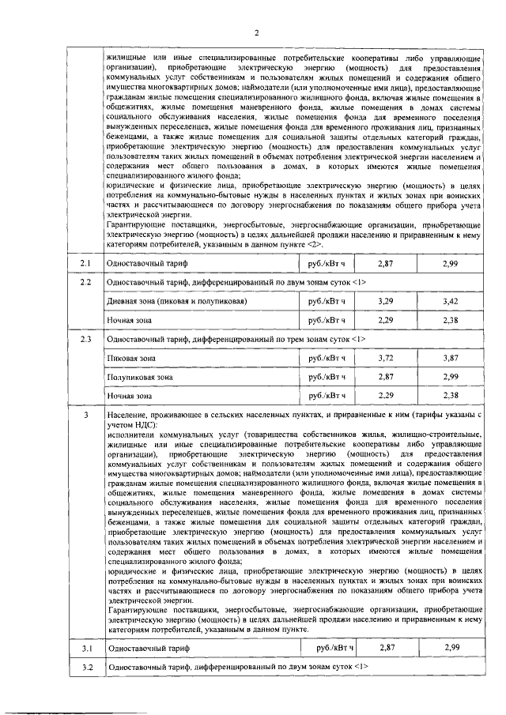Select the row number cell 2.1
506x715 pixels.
(85, 262)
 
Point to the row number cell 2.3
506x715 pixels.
(85, 340)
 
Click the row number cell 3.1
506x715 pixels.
(85, 648)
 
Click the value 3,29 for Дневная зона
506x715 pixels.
(385, 302)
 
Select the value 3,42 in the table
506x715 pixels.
(451, 302)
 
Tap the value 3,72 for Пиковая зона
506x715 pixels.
(385, 359)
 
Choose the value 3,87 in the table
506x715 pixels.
(451, 359)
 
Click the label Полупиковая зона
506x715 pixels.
(140, 378)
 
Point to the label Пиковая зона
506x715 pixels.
(131, 359)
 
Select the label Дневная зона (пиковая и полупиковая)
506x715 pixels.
(178, 302)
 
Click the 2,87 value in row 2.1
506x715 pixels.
(385, 262)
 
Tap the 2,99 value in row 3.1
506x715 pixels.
(451, 648)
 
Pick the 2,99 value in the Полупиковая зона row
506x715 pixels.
(451, 378)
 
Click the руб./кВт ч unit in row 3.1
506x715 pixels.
(331, 648)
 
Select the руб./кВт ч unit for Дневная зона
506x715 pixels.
(328, 302)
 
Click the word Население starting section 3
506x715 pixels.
(128, 415)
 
